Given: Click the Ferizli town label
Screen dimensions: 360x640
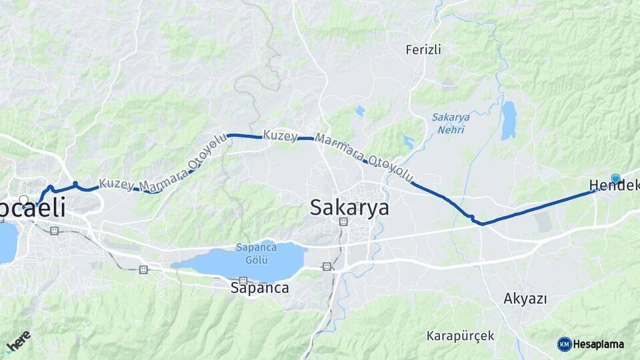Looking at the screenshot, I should (x=424, y=49).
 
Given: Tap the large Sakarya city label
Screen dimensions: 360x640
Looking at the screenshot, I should (x=349, y=208).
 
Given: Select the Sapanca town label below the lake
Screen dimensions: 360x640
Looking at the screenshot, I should (x=259, y=289).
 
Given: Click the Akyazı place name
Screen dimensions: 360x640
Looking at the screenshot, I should (x=525, y=299).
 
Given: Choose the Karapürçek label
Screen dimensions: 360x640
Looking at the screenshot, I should (x=461, y=335).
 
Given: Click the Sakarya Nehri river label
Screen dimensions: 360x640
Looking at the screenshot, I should (x=451, y=123).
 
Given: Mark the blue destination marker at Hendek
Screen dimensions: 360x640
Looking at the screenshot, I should (x=615, y=179).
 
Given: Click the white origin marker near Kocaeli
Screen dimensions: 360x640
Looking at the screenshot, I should (x=24, y=199).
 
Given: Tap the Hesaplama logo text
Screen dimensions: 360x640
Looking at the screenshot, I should (x=598, y=344).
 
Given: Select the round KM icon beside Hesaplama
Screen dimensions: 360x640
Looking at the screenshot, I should (x=564, y=344).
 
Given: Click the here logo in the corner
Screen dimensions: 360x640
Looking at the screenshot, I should (x=18, y=341).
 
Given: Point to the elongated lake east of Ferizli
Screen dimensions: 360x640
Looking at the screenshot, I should (x=509, y=120).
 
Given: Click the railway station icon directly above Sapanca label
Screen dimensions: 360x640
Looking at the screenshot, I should (x=243, y=280).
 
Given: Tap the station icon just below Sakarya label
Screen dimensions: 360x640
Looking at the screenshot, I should (x=342, y=222).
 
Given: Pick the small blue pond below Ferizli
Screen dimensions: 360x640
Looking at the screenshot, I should (x=360, y=111).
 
